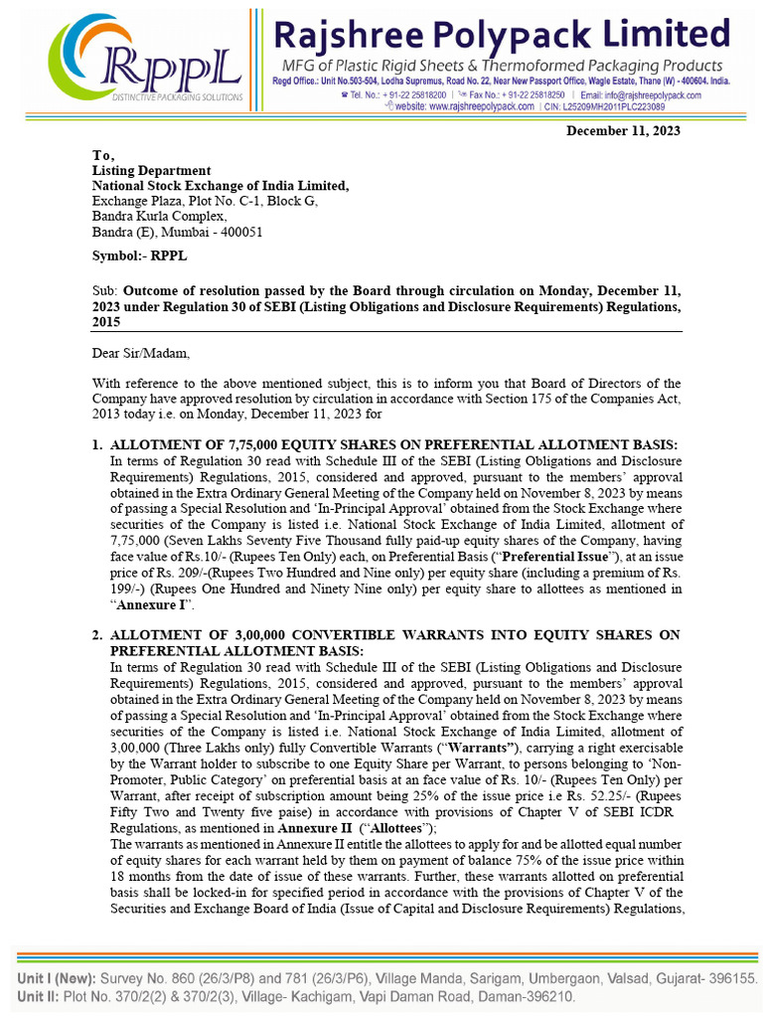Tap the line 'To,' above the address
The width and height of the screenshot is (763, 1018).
click(x=103, y=155)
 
